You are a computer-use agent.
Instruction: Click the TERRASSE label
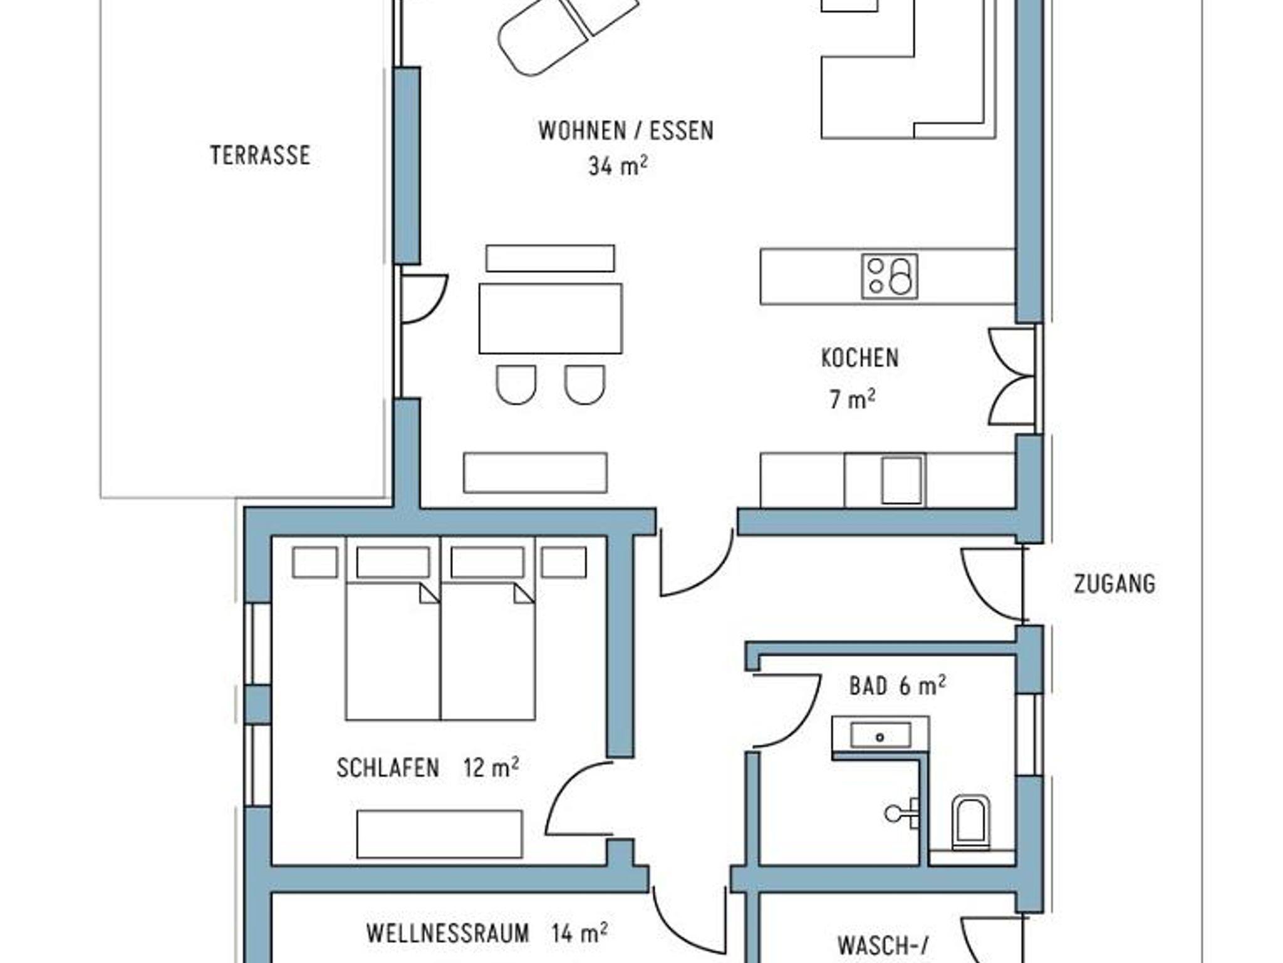coord(260,155)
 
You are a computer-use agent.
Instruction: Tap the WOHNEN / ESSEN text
coord(626,130)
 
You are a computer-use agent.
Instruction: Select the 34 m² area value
coord(618,166)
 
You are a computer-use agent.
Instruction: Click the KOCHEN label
coord(860,358)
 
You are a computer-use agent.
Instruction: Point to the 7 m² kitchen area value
coord(852,399)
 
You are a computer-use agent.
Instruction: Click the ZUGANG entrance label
coord(1114,584)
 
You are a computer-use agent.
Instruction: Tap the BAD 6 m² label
coord(897,686)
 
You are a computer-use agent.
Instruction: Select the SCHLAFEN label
coord(388,768)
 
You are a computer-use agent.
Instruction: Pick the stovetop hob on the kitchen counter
coord(890,276)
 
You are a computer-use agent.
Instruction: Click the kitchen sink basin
coord(901,480)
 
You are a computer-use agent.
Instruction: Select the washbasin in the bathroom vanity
coord(880,736)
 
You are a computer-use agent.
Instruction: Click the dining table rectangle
coord(551,319)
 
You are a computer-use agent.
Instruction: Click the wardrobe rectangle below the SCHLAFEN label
coord(440,834)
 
